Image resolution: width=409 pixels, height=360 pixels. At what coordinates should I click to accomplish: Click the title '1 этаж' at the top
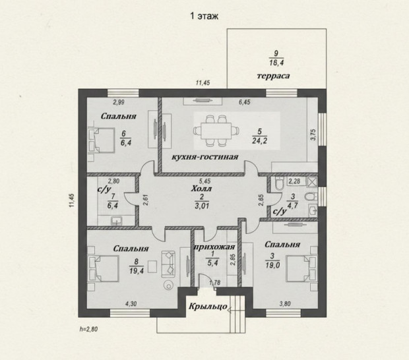[204, 16]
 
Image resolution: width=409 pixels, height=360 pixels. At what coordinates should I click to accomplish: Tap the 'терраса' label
[273, 76]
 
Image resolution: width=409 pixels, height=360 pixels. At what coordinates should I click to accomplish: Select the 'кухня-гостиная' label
[205, 157]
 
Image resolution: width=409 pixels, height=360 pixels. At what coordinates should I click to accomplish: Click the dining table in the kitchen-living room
[216, 131]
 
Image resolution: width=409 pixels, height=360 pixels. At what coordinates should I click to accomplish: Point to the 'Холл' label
[201, 188]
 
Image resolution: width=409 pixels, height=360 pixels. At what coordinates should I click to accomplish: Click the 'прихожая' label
[214, 247]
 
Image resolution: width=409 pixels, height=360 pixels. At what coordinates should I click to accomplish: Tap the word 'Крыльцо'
[208, 306]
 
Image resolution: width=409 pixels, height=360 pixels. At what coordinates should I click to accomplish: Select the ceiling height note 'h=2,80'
[88, 329]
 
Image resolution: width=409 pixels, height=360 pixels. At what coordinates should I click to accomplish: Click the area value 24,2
[259, 140]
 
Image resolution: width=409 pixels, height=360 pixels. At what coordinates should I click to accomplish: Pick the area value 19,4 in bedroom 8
[137, 271]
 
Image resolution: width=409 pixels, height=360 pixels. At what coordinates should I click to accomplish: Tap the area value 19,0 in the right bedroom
[272, 265]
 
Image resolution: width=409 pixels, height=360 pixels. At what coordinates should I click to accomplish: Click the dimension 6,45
[245, 102]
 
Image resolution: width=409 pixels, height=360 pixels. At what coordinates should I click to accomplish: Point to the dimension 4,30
[131, 304]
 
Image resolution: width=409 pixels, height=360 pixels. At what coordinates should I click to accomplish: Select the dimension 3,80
[285, 304]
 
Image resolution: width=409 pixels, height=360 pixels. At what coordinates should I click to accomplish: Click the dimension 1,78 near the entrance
[215, 282]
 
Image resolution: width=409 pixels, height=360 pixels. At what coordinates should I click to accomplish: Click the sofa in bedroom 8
[168, 264]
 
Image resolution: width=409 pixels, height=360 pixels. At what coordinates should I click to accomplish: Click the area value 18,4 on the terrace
[276, 63]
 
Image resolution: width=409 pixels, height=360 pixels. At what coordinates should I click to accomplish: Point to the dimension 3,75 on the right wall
[313, 135]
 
